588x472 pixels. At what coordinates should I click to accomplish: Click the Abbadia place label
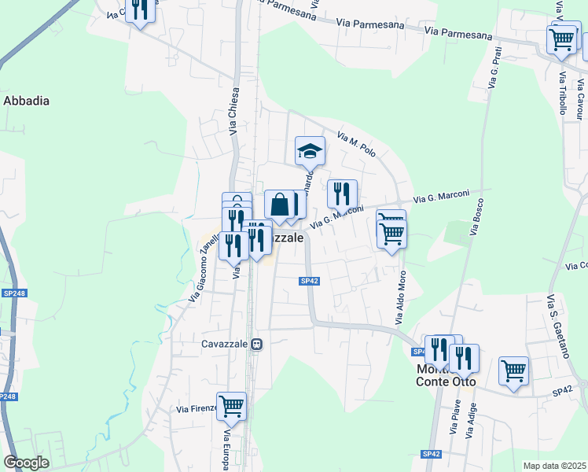[x=27, y=101]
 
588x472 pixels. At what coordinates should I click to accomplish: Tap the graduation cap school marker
[x=310, y=150]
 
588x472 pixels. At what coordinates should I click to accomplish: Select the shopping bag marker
[x=279, y=205]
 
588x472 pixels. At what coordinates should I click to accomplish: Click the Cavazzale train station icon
[x=256, y=344]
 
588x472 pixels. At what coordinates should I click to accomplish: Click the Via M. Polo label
[x=357, y=143]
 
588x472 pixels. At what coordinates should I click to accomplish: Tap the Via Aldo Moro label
[x=401, y=298]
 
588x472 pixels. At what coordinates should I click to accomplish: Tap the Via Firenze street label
[x=195, y=409]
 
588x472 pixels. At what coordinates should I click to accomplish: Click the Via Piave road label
[x=456, y=418]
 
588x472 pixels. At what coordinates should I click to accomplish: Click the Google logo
[x=26, y=463]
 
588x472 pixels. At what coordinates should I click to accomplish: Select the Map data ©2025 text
[x=553, y=466]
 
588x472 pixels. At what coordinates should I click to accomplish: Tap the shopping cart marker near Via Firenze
[x=231, y=407]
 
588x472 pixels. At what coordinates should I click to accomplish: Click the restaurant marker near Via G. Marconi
[x=342, y=194]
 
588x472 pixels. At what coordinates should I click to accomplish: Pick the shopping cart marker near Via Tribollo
[x=562, y=39]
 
